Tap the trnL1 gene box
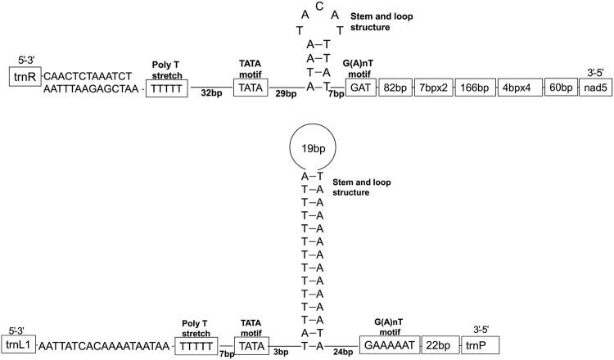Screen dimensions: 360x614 pyautogui.click(x=20, y=345)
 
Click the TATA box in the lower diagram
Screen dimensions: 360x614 pyautogui.click(x=252, y=345)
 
